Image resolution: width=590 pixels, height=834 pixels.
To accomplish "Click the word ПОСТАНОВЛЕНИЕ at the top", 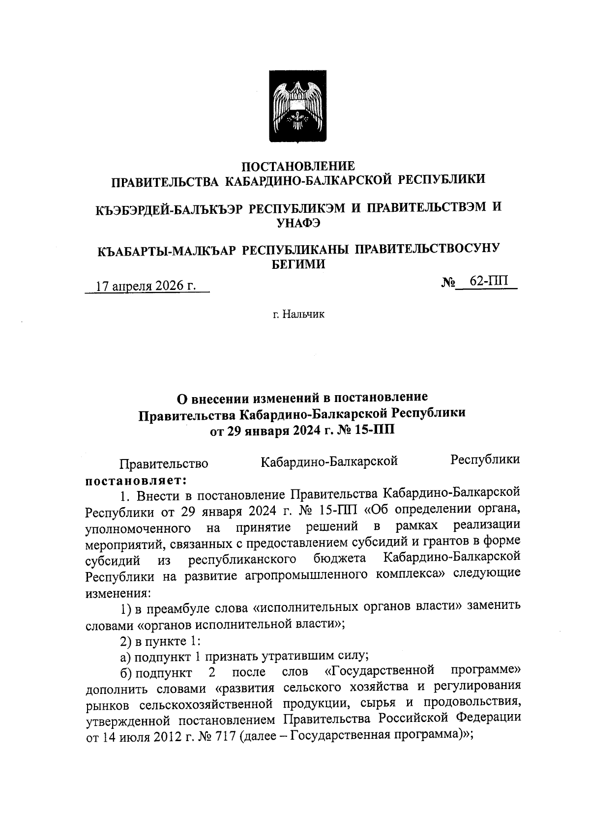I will (x=299, y=166).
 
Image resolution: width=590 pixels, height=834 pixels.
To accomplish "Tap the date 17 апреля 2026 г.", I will (x=146, y=286).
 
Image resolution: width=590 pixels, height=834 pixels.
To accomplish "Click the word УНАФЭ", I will (x=299, y=223).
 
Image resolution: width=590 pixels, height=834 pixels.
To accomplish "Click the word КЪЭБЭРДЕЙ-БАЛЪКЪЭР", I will (x=169, y=208).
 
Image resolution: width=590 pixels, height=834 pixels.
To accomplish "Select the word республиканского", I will (x=242, y=559).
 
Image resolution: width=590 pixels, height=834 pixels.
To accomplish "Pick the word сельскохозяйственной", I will (x=206, y=704).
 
